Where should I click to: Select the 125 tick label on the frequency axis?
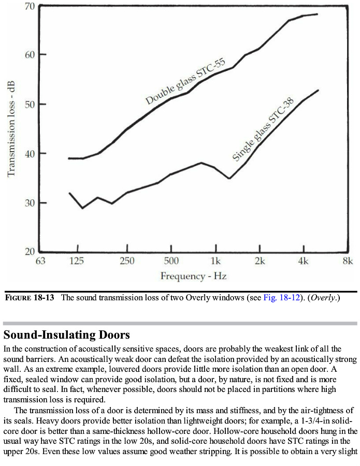click(76, 261)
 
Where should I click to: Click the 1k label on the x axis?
click(215, 261)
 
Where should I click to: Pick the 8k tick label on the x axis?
click(348, 261)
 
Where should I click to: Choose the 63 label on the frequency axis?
click(40, 261)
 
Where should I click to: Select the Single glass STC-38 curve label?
click(263, 129)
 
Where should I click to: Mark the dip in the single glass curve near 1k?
click(229, 178)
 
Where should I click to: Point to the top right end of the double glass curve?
click(317, 14)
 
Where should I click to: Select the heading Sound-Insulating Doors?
click(66, 334)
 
